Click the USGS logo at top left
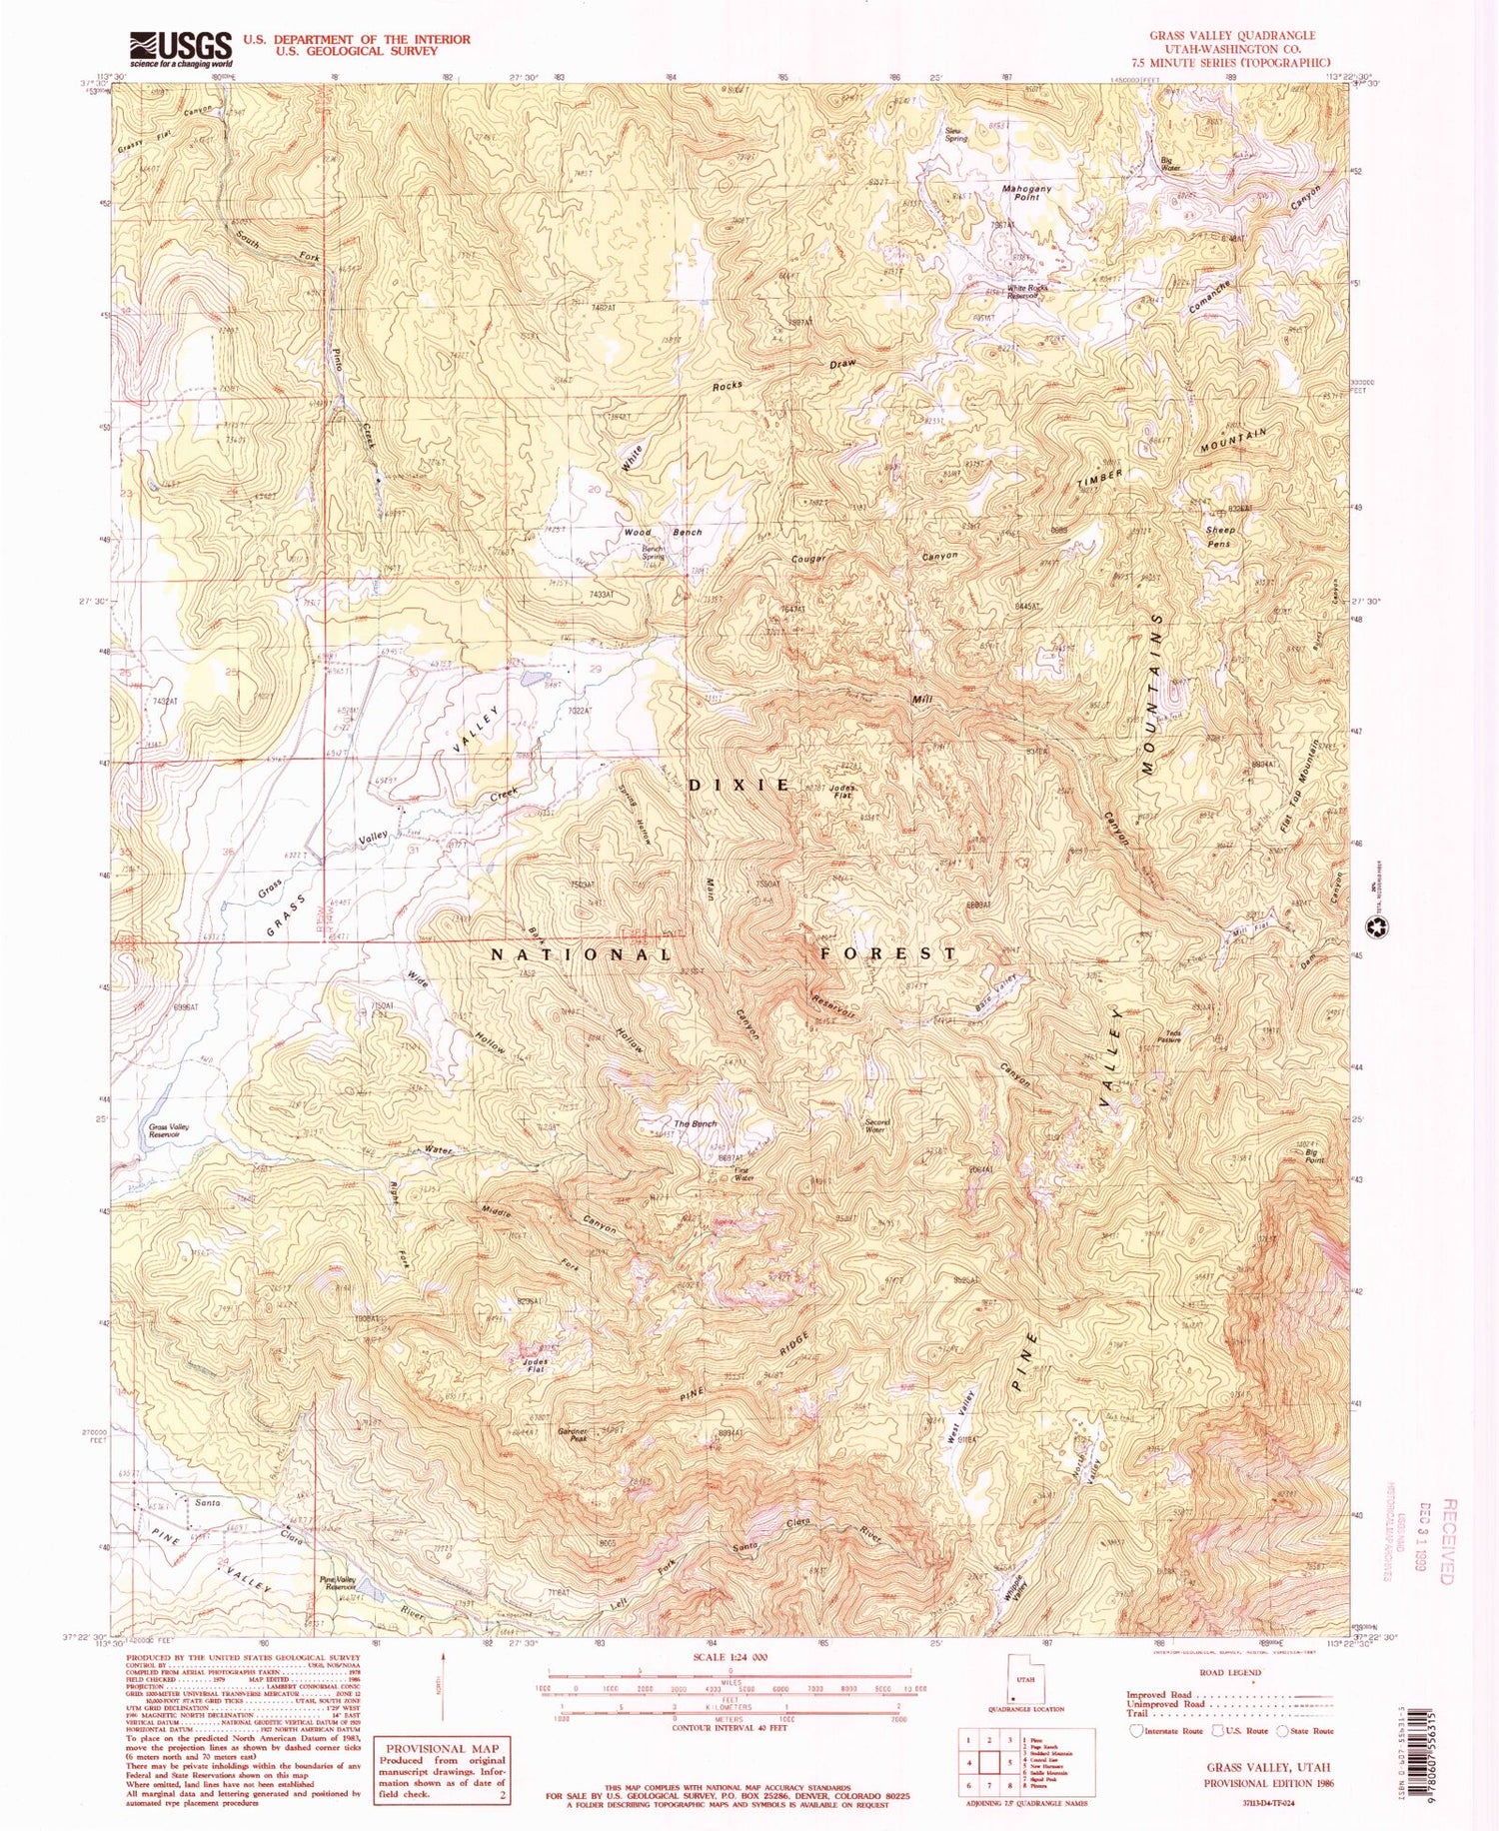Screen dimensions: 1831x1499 [x=180, y=47]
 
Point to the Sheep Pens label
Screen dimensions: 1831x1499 [x=1220, y=537]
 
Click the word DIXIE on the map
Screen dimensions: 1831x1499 [x=740, y=786]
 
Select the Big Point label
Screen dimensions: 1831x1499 [x=1316, y=1155]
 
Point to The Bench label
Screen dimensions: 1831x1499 [x=695, y=1124]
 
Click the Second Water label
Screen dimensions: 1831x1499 [x=875, y=1125]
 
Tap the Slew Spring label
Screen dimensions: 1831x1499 [x=955, y=135]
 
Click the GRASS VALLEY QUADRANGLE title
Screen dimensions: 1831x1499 [x=1231, y=35]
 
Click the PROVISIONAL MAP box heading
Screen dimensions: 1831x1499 [x=440, y=1749]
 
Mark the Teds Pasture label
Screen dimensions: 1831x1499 [x=1169, y=1037]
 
